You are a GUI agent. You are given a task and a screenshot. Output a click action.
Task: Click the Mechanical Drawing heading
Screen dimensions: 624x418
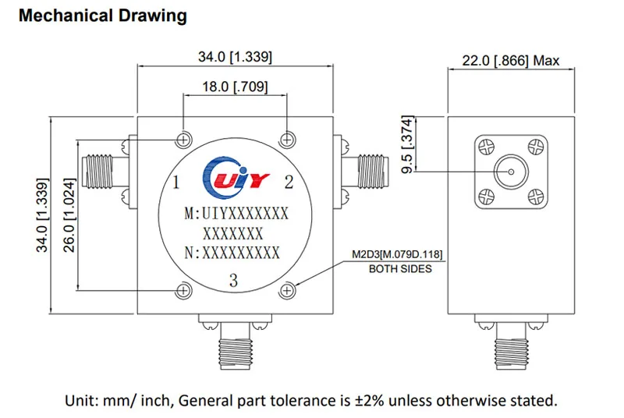103,16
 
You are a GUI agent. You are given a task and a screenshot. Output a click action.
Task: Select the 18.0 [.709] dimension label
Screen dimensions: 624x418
235,87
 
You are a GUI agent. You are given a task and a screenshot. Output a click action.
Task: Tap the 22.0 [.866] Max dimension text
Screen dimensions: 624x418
511,61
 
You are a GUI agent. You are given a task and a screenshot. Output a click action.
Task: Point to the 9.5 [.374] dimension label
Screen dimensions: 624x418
407,144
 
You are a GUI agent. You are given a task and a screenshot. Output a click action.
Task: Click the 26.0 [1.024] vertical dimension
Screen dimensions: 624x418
69,215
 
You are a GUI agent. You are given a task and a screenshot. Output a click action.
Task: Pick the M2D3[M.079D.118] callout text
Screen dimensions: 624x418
397,254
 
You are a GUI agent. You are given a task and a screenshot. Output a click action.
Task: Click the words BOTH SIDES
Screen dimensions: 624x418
400,269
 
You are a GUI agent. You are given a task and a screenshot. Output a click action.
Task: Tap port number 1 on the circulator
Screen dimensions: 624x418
176,182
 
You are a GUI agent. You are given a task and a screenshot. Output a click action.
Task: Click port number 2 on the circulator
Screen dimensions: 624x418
289,182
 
